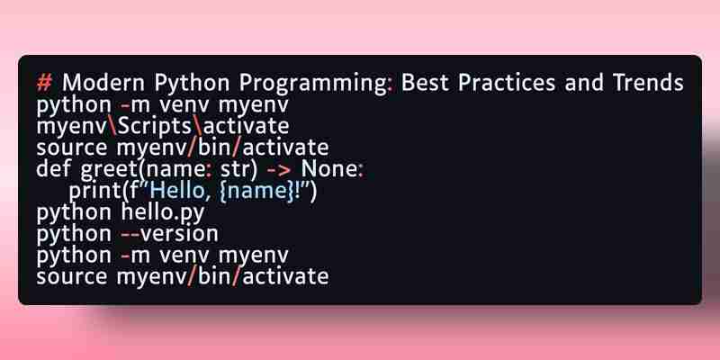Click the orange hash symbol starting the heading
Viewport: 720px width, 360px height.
pos(45,83)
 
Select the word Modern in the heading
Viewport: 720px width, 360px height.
pos(103,83)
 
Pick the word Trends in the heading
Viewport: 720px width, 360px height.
pos(648,83)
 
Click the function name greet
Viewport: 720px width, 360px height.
pos(109,171)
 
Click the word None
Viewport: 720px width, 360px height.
pos(329,169)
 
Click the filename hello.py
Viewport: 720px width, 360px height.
pos(163,213)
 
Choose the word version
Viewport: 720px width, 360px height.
pos(179,234)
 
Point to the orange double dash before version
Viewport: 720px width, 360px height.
pos(130,235)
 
